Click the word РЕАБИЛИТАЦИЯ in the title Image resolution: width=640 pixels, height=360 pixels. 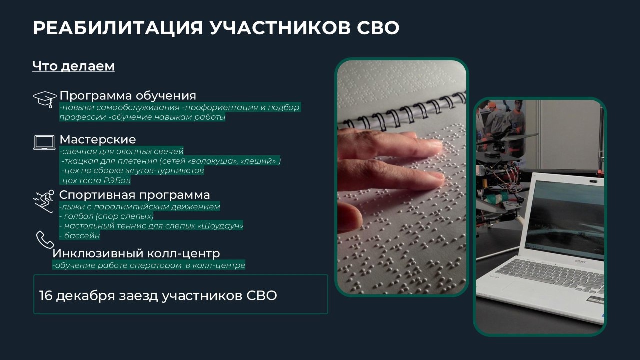[x=118, y=28]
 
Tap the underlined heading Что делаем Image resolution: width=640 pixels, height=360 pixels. [x=73, y=66]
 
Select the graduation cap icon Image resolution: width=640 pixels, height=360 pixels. [x=45, y=99]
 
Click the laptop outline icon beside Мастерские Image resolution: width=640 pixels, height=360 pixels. [x=44, y=142]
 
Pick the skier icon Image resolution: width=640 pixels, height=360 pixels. [x=43, y=201]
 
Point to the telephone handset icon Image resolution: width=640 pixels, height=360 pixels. [x=45, y=240]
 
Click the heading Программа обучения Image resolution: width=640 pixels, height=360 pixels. [x=128, y=96]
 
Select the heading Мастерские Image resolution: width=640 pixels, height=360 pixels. [x=98, y=139]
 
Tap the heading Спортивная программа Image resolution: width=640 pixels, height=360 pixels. [x=134, y=195]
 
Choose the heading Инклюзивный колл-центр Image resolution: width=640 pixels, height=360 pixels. [x=136, y=253]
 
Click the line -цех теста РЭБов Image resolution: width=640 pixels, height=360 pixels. [x=95, y=180]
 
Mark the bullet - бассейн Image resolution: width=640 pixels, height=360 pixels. [x=79, y=235]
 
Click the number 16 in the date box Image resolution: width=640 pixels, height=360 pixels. [x=45, y=296]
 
